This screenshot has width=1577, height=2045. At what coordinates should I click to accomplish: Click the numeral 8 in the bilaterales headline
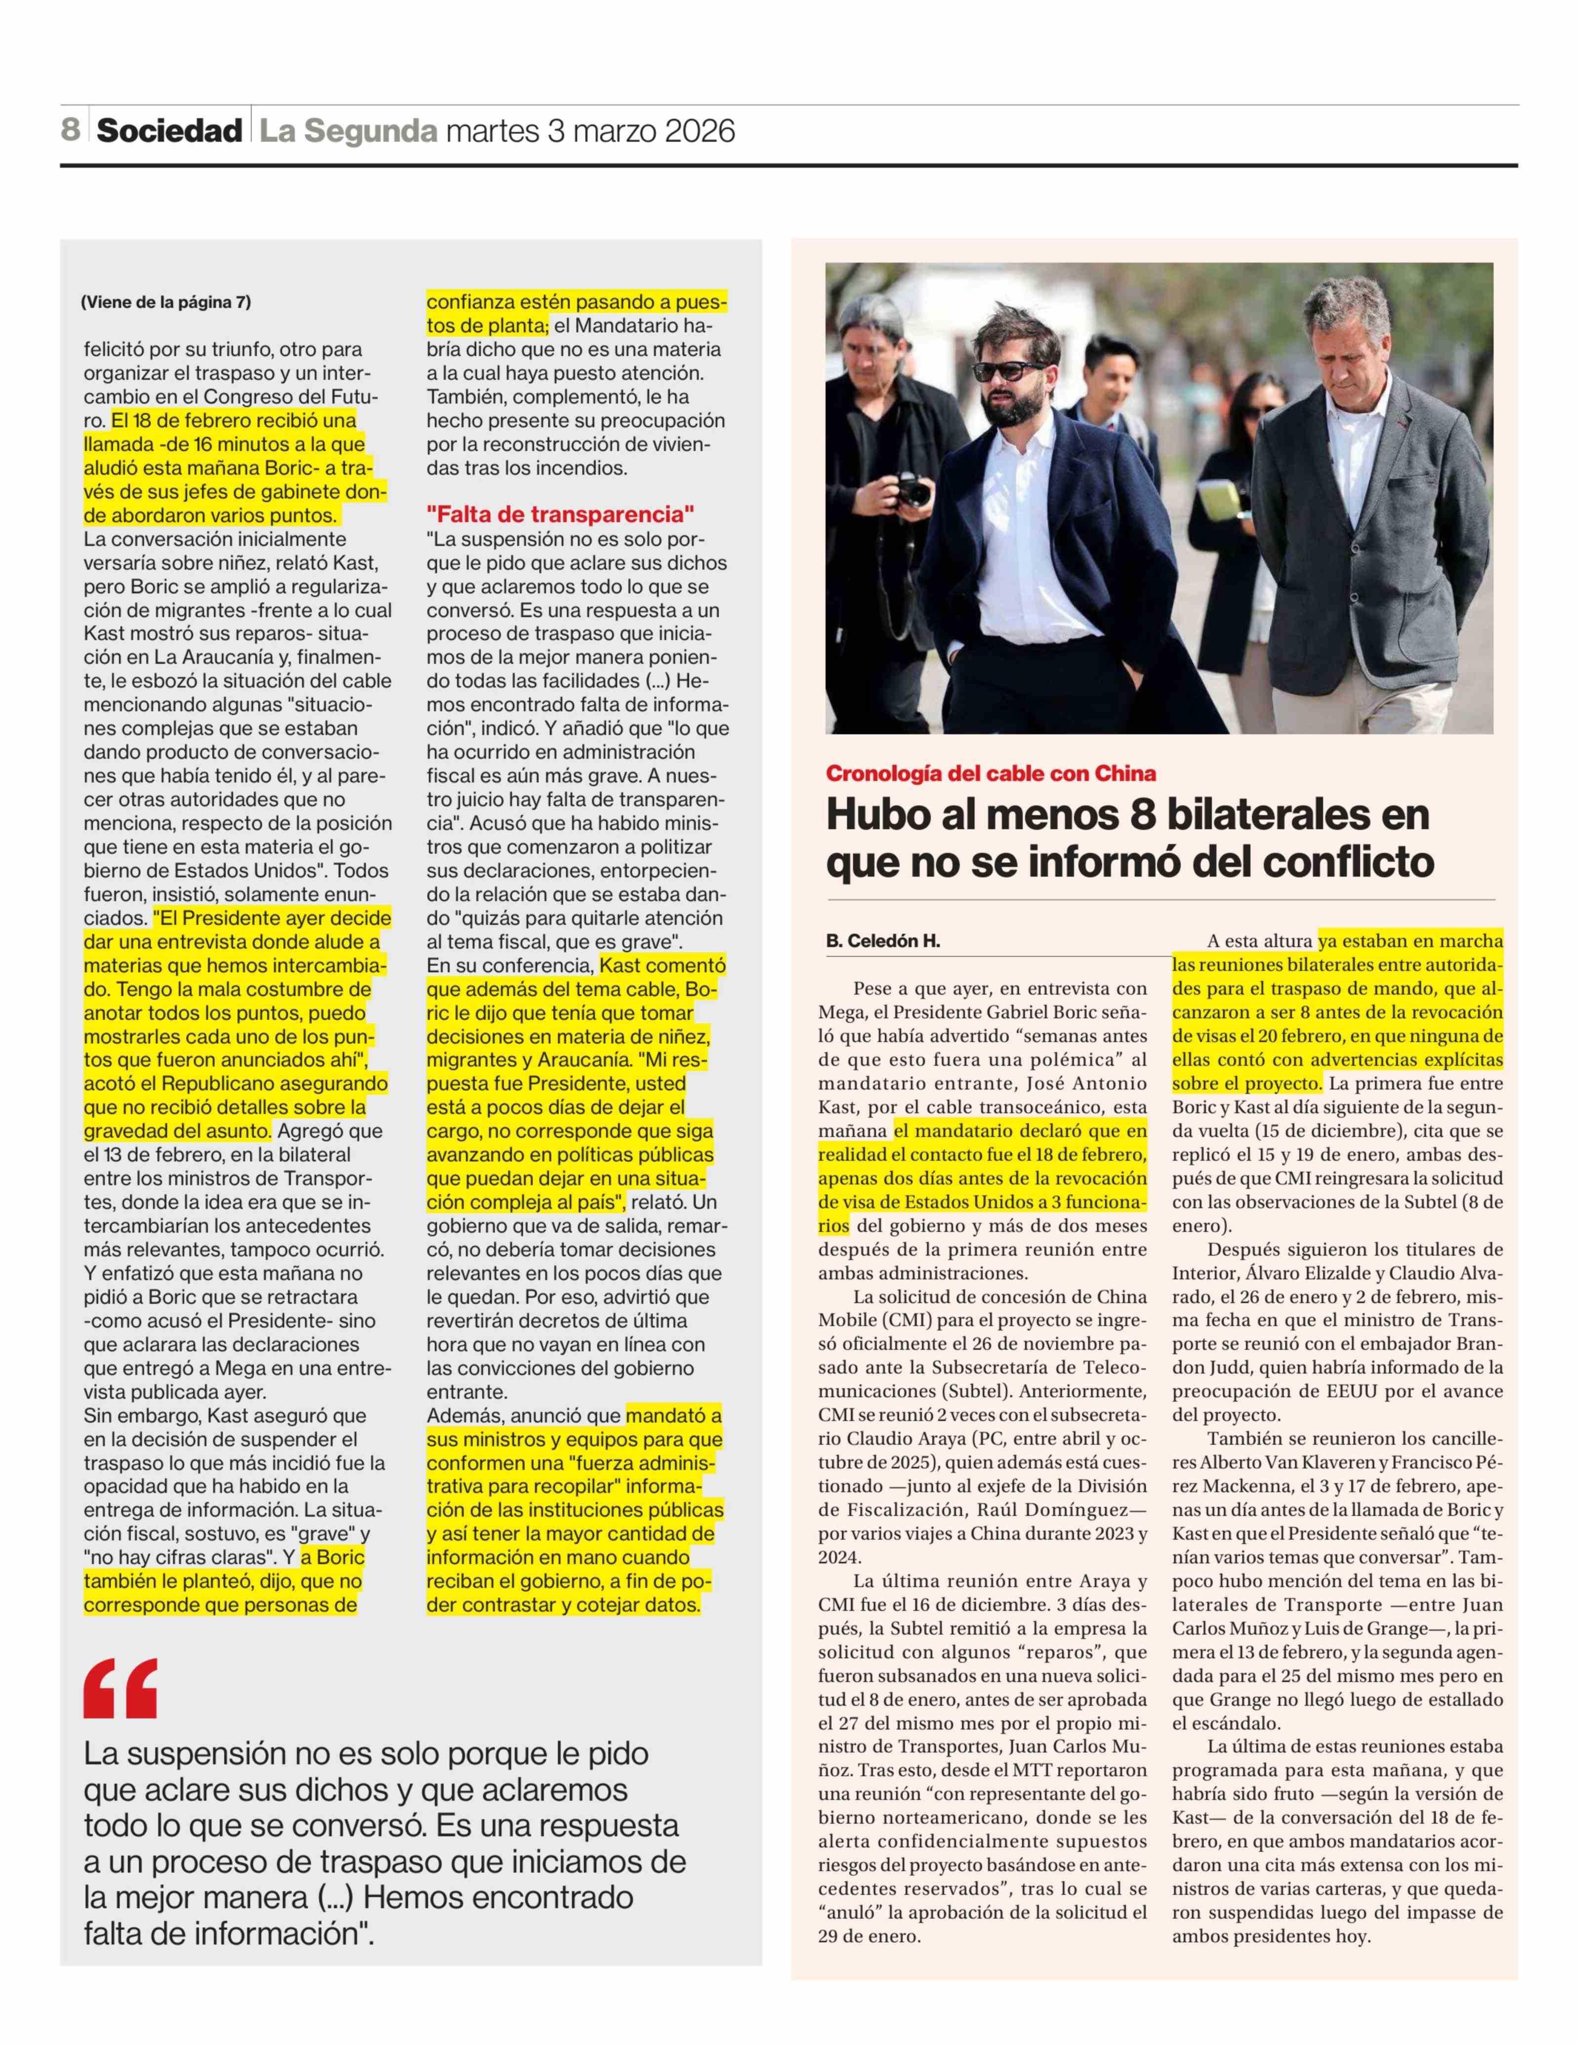(x=1144, y=814)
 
